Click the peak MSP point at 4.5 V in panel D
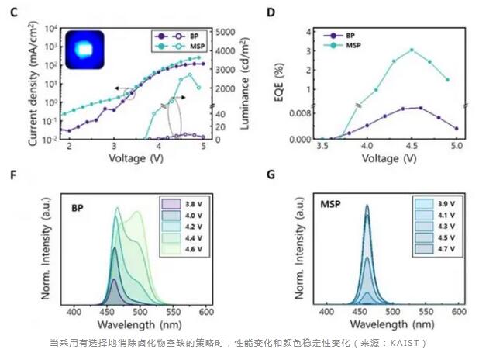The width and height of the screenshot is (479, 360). click(x=412, y=50)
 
